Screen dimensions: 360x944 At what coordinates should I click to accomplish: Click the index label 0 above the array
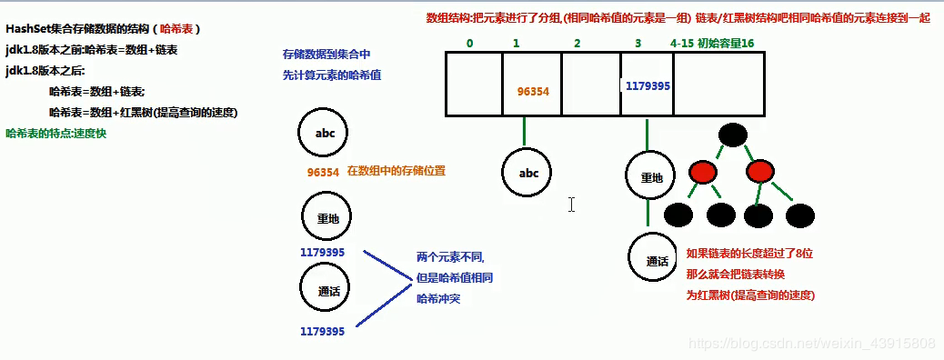(469, 43)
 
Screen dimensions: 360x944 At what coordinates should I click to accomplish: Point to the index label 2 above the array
(577, 43)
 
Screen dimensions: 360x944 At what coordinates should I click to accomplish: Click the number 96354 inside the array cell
(532, 92)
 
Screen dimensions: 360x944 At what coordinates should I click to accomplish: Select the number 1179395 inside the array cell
(648, 85)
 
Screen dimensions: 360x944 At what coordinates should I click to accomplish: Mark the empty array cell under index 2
(589, 84)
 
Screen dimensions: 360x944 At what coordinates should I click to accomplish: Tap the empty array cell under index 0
(473, 84)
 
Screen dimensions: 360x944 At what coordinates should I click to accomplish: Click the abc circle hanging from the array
(528, 174)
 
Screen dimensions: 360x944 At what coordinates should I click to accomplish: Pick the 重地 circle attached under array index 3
(651, 177)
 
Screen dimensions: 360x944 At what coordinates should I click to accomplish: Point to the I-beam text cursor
(571, 205)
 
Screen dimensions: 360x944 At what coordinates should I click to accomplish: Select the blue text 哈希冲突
(438, 298)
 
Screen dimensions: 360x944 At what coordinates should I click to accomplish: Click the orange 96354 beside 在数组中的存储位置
(323, 171)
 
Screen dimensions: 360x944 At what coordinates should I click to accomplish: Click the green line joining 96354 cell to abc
(525, 132)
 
